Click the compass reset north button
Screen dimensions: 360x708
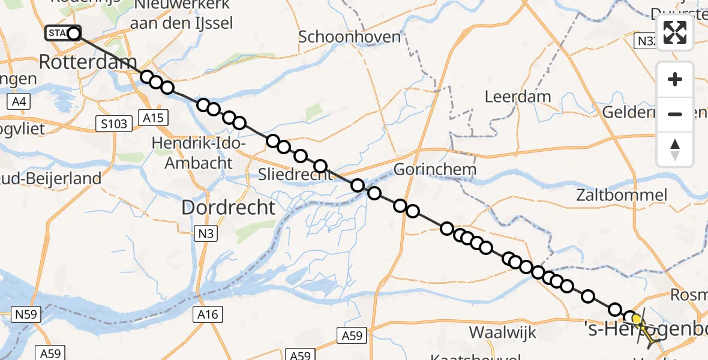[675, 149]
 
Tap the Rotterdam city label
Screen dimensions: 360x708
[88, 61]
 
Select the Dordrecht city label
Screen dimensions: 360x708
[228, 208]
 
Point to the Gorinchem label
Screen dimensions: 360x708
[435, 169]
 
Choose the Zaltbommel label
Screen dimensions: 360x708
[621, 194]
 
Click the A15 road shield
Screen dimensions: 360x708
[153, 118]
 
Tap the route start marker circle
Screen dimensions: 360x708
[74, 34]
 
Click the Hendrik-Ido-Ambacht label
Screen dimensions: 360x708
[199, 153]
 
